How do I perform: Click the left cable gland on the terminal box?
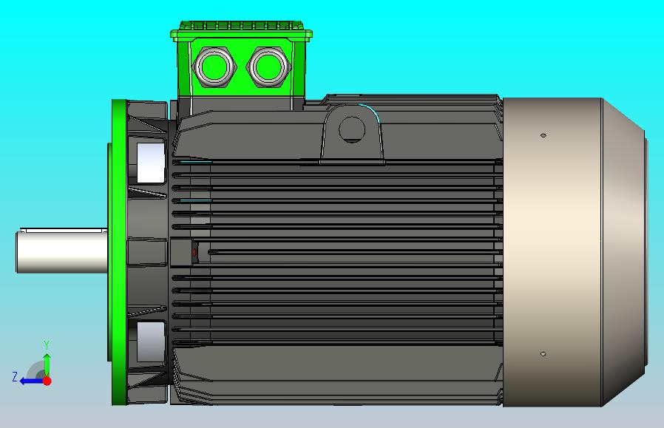tap(214, 67)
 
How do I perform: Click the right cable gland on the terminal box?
tap(268, 67)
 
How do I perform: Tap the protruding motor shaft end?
tap(59, 251)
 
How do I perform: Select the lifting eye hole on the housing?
tap(352, 129)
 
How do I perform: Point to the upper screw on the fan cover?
tap(543, 136)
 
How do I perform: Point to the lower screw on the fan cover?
tap(543, 354)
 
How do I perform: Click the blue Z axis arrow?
tap(30, 381)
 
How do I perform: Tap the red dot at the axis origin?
tap(47, 381)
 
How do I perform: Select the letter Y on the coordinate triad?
tap(47, 345)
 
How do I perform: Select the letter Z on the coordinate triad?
tap(15, 377)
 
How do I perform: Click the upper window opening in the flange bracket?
tap(150, 162)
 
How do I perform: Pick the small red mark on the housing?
tap(194, 253)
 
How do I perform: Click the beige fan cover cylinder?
tap(551, 251)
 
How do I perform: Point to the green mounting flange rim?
tap(118, 251)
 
